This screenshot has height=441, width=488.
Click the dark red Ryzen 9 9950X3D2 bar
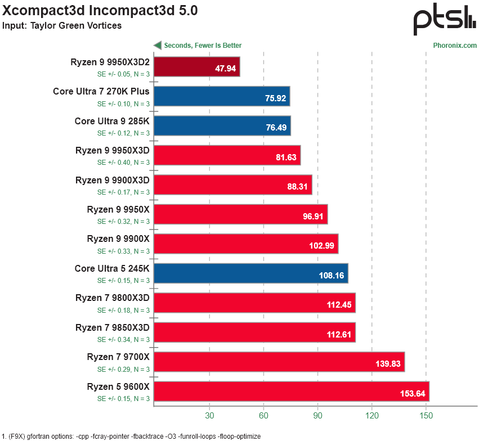coord(196,66)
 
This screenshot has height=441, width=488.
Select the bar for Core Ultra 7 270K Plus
coord(222,96)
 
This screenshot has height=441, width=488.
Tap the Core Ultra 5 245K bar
coord(251,273)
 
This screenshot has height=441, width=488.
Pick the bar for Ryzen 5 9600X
coord(292,391)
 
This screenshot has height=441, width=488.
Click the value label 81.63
coord(286,157)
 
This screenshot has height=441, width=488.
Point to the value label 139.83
coord(388,364)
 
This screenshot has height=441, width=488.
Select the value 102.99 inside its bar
coord(321,246)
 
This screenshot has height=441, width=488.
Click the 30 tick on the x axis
coord(209,416)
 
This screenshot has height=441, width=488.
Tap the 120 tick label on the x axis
coord(372,416)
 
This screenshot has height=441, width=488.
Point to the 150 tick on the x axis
coord(426,416)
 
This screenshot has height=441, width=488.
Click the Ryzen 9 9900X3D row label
coord(113,181)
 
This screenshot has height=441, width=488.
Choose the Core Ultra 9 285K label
coord(112,121)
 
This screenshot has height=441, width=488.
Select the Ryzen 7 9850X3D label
coord(113,328)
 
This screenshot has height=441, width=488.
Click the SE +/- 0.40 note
coord(124,163)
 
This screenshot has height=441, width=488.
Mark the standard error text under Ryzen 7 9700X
coord(124,369)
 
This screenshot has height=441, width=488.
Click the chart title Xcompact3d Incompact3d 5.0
coord(100,11)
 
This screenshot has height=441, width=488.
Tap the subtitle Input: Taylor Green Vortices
coord(61,25)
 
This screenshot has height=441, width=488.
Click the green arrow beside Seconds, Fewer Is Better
coord(158,46)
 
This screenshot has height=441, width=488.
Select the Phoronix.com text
coord(455,46)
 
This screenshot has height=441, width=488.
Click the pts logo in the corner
coord(445,19)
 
